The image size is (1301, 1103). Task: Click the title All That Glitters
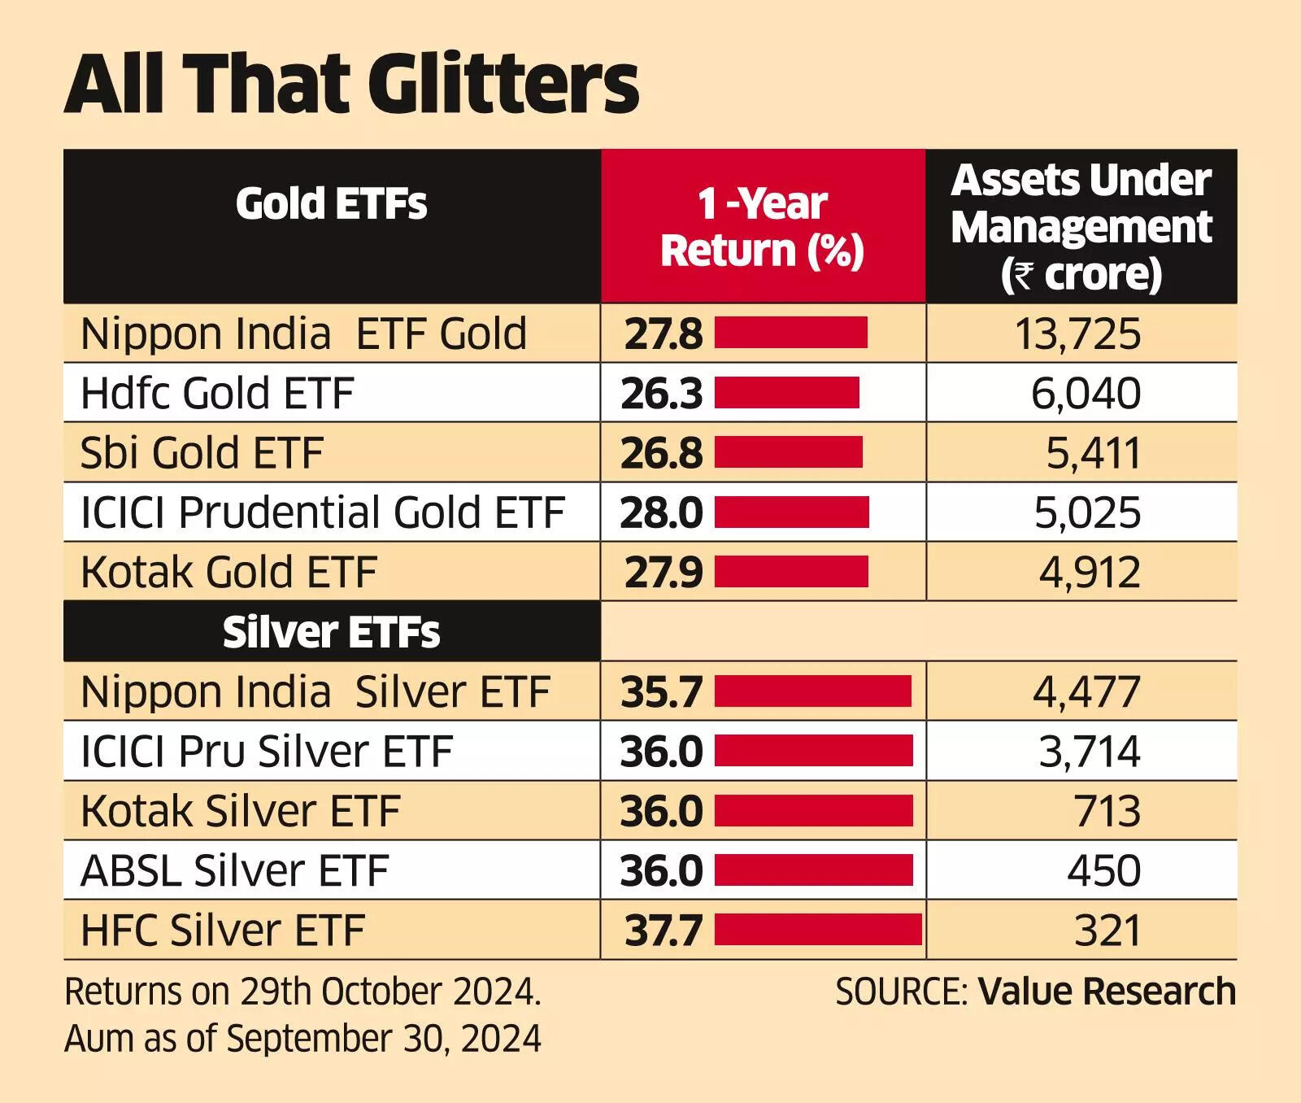click(351, 85)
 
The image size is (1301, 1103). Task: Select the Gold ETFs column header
click(331, 203)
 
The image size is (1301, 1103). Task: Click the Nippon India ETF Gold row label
click(303, 334)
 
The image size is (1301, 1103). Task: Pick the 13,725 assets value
click(1077, 334)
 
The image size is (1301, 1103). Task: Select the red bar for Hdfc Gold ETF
click(786, 393)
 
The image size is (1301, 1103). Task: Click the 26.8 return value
click(661, 453)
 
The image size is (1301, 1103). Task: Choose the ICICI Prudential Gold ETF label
click(322, 512)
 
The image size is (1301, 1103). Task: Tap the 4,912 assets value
click(1090, 573)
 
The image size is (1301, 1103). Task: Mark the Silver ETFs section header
click(331, 632)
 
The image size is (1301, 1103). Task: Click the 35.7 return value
click(661, 692)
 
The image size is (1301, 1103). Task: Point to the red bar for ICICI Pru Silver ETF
click(813, 751)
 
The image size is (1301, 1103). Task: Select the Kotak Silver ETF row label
click(240, 811)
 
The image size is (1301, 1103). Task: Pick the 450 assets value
click(1103, 870)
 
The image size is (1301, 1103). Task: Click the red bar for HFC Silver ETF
click(818, 930)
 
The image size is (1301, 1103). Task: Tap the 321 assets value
click(1107, 930)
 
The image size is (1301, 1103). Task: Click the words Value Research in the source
click(1107, 992)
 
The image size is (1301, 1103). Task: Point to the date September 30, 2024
click(384, 1039)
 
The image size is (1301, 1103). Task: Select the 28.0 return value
click(661, 512)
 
